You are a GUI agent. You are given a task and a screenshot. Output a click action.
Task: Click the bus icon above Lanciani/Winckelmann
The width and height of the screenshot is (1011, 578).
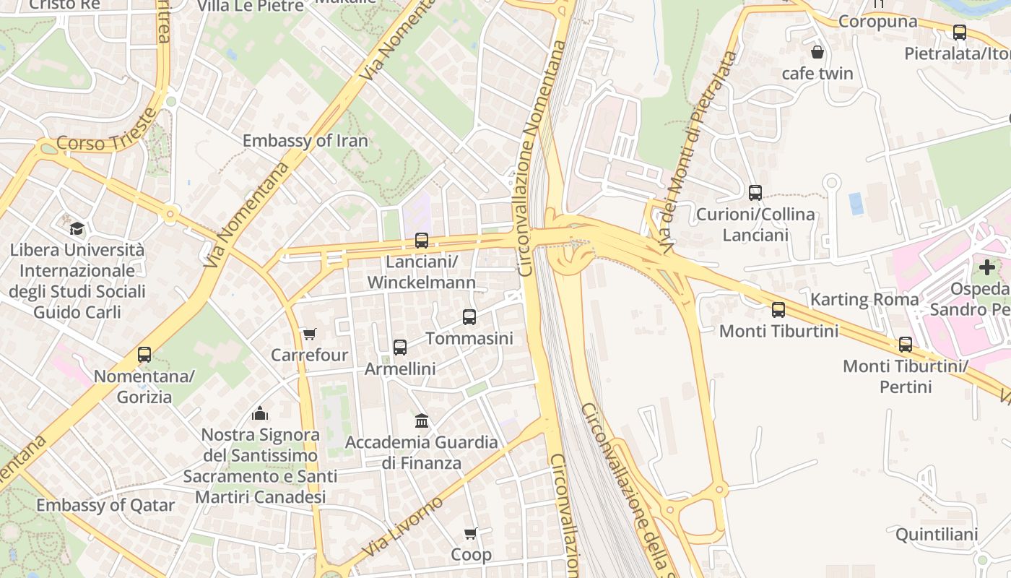click(421, 241)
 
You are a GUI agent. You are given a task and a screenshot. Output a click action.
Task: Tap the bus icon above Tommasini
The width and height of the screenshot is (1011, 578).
click(469, 317)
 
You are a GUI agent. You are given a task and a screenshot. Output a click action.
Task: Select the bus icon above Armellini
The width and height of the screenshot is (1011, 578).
click(400, 348)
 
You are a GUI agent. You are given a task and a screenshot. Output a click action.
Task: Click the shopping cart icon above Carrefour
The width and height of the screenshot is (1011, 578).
click(310, 334)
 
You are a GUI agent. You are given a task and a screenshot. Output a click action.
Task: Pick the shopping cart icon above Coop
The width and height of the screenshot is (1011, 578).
click(471, 534)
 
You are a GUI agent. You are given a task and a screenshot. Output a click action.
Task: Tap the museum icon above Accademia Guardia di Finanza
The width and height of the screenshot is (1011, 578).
click(422, 420)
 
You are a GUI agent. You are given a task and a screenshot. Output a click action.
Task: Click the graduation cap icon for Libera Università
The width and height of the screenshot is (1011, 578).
click(77, 229)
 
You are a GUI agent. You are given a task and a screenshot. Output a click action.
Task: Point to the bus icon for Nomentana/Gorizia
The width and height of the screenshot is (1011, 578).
click(144, 355)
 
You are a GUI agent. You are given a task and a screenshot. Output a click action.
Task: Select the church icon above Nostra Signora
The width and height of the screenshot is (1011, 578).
click(260, 413)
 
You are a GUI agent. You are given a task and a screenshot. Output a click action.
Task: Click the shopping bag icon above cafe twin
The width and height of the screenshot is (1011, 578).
click(817, 52)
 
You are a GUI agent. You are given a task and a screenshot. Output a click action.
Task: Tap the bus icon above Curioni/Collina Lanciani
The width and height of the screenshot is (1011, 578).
click(755, 193)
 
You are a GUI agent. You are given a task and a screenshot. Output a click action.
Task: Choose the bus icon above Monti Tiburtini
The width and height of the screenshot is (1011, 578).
click(778, 310)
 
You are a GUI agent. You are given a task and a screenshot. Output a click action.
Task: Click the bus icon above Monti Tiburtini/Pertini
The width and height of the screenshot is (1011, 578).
click(906, 345)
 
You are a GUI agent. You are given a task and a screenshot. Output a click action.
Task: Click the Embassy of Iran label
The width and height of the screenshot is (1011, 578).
click(305, 141)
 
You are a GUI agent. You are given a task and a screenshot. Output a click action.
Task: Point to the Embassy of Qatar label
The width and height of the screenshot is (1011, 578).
click(105, 505)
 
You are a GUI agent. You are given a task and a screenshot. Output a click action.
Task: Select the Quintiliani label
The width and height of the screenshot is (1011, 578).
click(937, 535)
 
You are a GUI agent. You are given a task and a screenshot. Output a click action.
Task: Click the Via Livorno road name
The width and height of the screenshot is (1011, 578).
click(402, 527)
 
